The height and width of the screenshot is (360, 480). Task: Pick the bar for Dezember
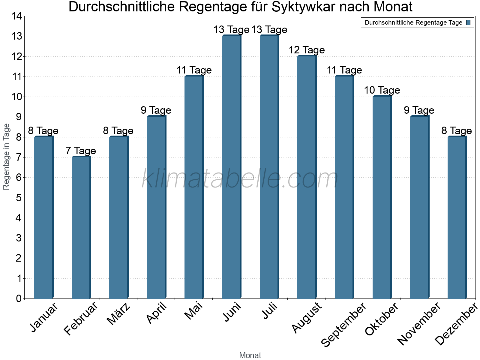(x=457, y=217)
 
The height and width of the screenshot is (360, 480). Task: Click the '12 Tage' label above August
(x=307, y=50)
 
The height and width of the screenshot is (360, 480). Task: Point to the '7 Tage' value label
(x=81, y=151)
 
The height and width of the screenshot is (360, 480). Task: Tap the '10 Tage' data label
(x=382, y=90)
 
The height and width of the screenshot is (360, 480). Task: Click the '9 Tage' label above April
(x=156, y=110)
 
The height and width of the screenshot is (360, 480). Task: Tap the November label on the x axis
(x=419, y=323)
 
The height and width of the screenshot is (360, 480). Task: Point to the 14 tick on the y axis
(x=17, y=16)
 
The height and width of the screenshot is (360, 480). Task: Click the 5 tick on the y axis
(x=19, y=198)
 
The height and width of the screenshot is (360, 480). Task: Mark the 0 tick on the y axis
(x=19, y=298)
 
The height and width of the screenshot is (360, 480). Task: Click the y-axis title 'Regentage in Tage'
(x=6, y=157)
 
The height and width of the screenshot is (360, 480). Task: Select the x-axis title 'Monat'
(x=250, y=355)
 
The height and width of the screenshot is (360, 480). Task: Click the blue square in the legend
(x=468, y=22)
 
